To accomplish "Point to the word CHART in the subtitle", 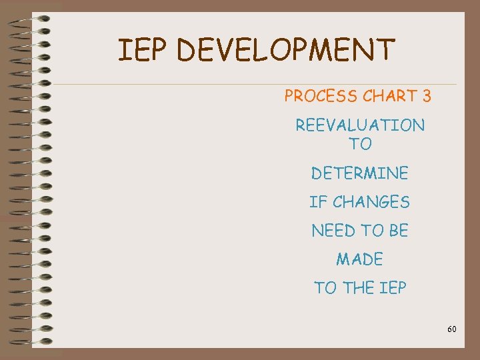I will [389, 97].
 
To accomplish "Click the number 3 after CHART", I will [427, 97].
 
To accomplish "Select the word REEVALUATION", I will [360, 125].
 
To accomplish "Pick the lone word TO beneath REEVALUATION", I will [360, 144].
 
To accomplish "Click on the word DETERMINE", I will [360, 174].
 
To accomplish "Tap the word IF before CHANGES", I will [316, 202].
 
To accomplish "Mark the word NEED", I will [333, 231].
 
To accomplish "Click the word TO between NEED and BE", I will [372, 231].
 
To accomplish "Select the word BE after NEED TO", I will [399, 231].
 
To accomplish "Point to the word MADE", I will [360, 259].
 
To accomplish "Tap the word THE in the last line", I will [359, 289].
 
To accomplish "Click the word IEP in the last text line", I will [394, 289].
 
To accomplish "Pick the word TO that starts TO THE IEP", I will [325, 289].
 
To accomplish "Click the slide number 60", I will [452, 329].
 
